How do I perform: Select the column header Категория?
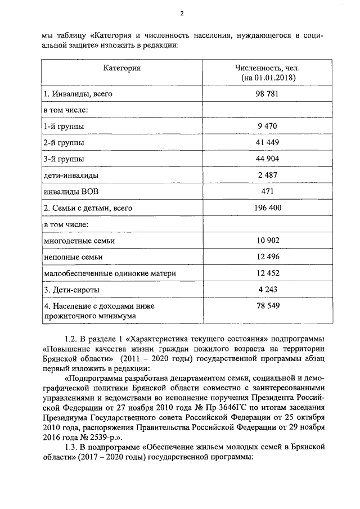pyautogui.click(x=122, y=68)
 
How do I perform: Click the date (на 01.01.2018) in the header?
pyautogui.click(x=268, y=78)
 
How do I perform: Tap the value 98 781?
pyautogui.click(x=268, y=93)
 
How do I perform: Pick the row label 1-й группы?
pyautogui.click(x=60, y=127)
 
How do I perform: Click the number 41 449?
pyautogui.click(x=268, y=143)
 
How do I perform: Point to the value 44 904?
pyautogui.click(x=268, y=159)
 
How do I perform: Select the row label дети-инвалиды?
pyautogui.click(x=67, y=175)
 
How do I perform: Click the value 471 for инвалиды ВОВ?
pyautogui.click(x=268, y=192)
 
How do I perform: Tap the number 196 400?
pyautogui.click(x=268, y=208)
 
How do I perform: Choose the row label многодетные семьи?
pyautogui.click(x=79, y=241)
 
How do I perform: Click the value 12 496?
pyautogui.click(x=268, y=257)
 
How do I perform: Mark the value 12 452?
pyautogui.click(x=268, y=273)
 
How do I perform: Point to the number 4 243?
pyautogui.click(x=268, y=290)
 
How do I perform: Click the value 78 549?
pyautogui.click(x=268, y=306)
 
